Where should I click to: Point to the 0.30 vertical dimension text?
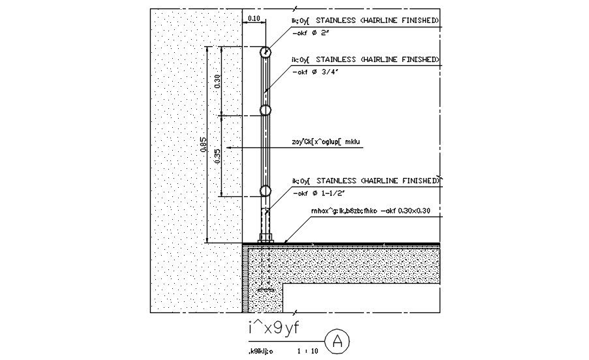(x=218, y=81)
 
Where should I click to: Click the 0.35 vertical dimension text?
(x=218, y=155)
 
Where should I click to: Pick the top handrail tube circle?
(x=265, y=52)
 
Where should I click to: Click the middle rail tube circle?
(x=265, y=111)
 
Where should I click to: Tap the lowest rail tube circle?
(x=265, y=190)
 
